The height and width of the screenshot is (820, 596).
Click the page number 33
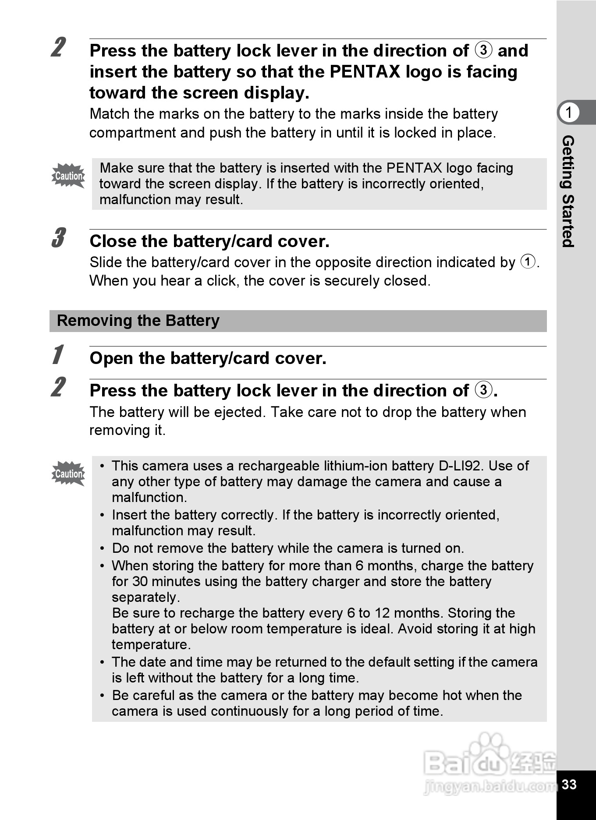[x=569, y=784]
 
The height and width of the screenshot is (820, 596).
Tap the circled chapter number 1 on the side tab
[x=569, y=113]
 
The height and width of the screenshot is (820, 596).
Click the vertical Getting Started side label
[x=568, y=191]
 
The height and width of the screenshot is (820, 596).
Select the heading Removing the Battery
[x=138, y=321]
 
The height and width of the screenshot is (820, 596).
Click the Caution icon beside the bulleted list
[x=68, y=474]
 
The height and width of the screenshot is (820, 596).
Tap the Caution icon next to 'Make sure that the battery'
[x=68, y=176]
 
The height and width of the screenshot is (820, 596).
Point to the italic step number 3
[x=58, y=238]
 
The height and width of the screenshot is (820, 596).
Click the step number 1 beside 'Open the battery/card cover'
[x=57, y=355]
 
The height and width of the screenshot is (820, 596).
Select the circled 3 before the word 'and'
[x=483, y=50]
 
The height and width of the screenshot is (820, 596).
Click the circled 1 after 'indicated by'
[x=528, y=262]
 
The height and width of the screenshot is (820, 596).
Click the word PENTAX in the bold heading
[x=365, y=72]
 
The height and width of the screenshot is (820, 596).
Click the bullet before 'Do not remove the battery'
[x=102, y=548]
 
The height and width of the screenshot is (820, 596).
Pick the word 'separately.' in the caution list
[x=145, y=597]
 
